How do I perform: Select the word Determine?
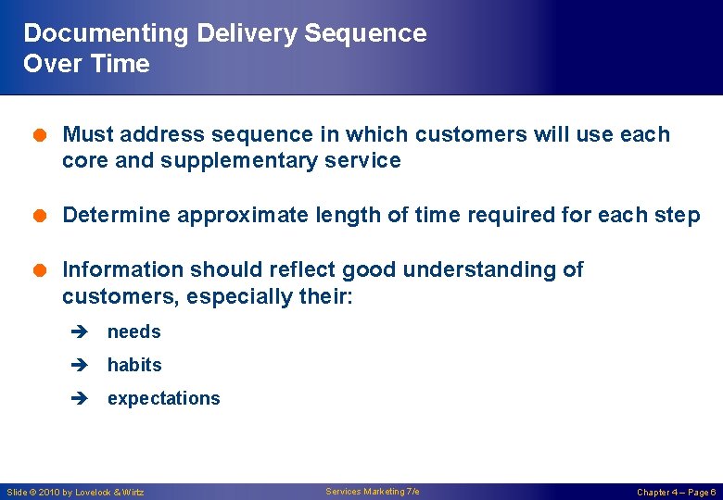117,216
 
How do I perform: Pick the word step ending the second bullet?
677,216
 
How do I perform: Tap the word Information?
123,269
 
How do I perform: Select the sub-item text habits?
134,365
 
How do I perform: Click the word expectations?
164,398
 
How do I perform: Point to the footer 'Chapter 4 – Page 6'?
676,492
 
